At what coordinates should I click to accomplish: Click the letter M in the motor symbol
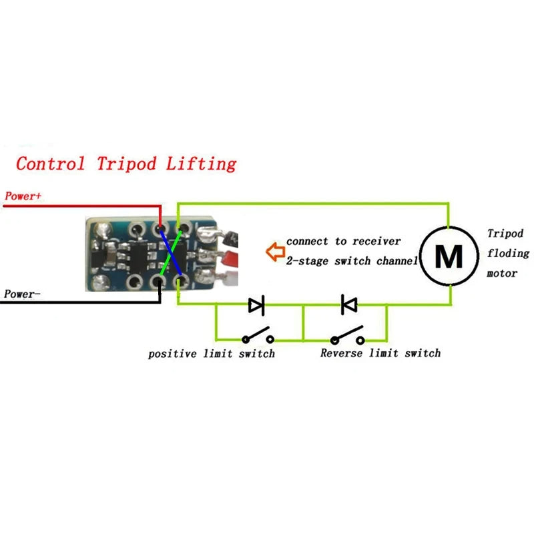click(x=449, y=256)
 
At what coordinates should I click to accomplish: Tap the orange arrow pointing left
click(x=276, y=252)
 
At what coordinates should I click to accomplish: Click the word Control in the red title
click(x=51, y=164)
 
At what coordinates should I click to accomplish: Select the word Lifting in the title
click(x=202, y=164)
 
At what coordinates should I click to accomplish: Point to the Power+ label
click(x=23, y=196)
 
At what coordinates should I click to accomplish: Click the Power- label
click(x=22, y=294)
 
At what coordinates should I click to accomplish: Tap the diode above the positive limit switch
click(x=256, y=305)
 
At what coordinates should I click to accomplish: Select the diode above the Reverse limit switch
click(x=349, y=304)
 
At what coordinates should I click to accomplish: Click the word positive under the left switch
click(x=173, y=354)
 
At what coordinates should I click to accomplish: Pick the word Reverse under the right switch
click(x=342, y=353)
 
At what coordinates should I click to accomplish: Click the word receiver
click(x=376, y=241)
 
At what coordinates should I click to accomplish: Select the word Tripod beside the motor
click(x=505, y=233)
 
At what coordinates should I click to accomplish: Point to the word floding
click(x=508, y=253)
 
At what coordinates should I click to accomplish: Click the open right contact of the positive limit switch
click(x=270, y=339)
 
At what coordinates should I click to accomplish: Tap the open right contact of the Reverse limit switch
click(x=360, y=340)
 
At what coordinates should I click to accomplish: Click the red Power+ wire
click(x=81, y=206)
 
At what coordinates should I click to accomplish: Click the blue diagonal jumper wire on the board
click(x=170, y=251)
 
